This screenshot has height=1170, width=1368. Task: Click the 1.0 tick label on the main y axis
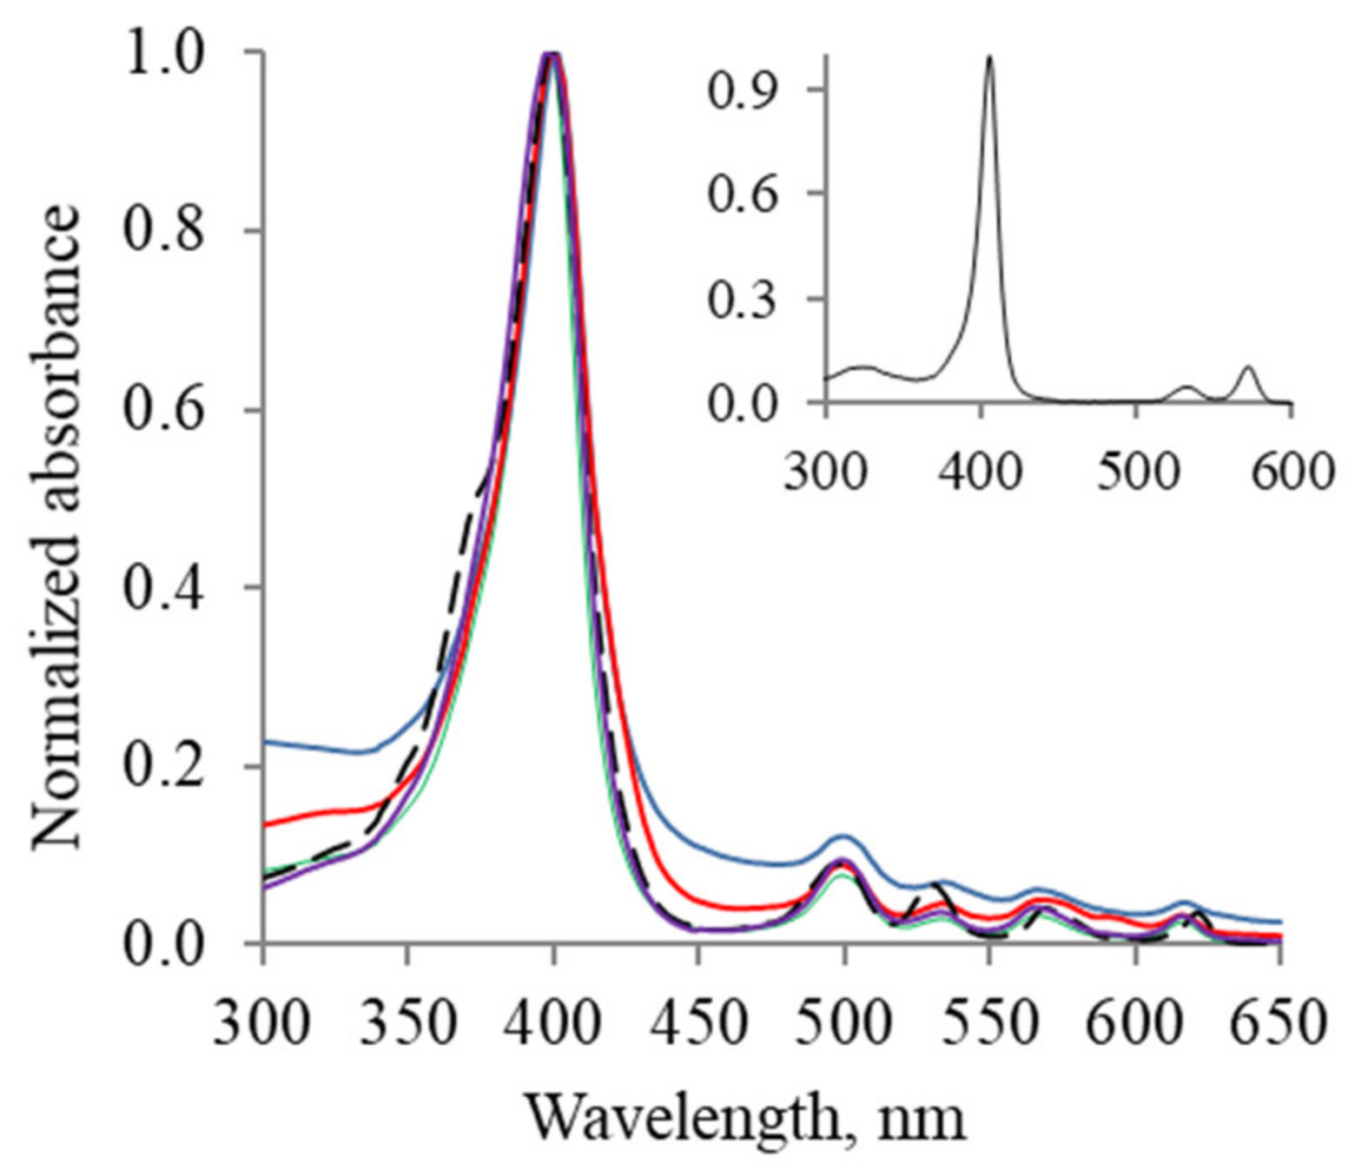click(164, 53)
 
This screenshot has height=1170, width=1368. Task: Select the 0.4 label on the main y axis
click(164, 588)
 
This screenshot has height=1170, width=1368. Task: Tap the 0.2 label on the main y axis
click(164, 767)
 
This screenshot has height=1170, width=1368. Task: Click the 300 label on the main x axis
click(261, 1024)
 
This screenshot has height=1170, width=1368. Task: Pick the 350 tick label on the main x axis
click(407, 1024)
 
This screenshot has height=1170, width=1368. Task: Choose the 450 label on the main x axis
click(698, 1024)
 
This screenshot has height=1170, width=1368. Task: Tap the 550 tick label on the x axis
click(988, 1024)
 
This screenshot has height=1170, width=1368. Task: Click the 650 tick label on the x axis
click(1279, 1024)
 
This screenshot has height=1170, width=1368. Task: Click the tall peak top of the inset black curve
click(988, 57)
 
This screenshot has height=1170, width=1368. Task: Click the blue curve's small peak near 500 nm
click(843, 836)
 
